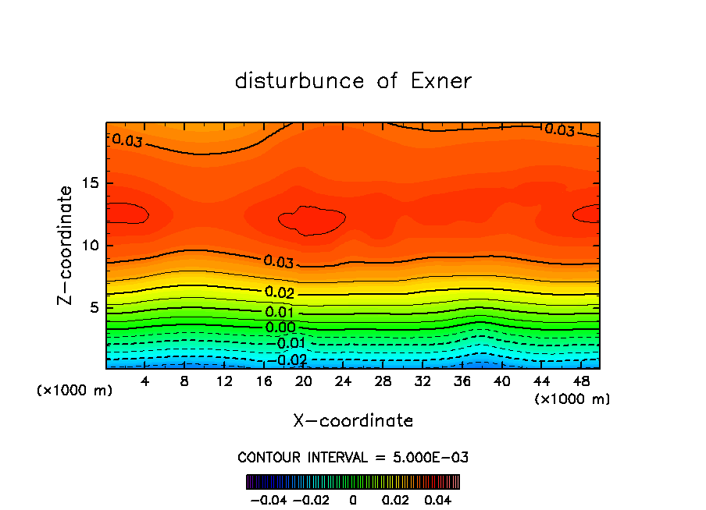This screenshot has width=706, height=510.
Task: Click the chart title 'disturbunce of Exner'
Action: pos(353,81)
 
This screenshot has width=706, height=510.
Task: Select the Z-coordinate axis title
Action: pos(66,245)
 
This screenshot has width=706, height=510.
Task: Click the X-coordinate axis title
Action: pos(353,421)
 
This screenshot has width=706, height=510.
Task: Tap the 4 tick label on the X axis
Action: pos(145,381)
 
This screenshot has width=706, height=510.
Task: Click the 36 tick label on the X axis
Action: pos(462,381)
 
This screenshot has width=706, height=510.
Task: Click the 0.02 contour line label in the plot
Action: pos(280,293)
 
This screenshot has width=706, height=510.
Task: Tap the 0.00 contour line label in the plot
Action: pos(280,328)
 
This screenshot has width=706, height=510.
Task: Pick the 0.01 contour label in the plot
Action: pos(280,313)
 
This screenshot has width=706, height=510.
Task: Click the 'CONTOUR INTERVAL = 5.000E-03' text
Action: pos(353,457)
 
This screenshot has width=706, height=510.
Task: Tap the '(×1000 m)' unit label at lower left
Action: pos(74,391)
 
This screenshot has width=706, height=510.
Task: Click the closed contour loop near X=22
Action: pos(312,221)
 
